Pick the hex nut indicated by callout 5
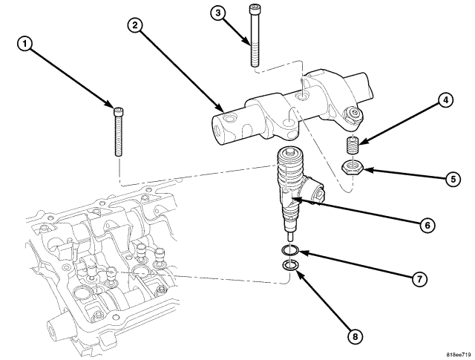(353, 166)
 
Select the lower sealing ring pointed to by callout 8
(292, 265)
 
